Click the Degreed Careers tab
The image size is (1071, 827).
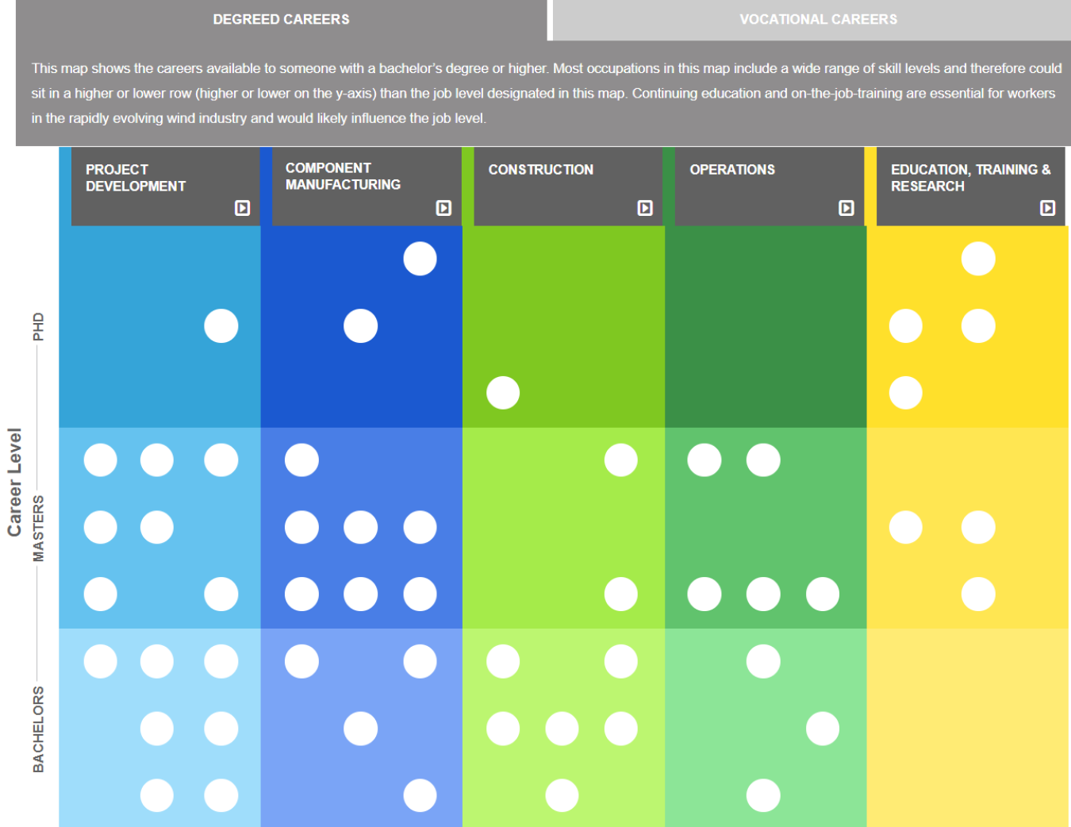pos(281,19)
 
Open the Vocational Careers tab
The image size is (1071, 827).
pos(818,19)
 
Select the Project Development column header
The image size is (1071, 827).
pos(136,178)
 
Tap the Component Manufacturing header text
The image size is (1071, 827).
pos(343,176)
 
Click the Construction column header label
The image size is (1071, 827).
pos(540,170)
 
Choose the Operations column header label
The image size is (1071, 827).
pos(732,170)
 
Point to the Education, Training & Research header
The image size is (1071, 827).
pos(969,178)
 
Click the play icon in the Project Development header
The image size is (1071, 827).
pos(243,208)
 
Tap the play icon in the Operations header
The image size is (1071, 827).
pos(846,208)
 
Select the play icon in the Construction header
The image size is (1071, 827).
pos(645,208)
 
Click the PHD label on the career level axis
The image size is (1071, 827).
pos(38,326)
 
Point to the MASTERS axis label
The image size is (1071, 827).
pos(38,528)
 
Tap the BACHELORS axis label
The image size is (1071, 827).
pos(38,729)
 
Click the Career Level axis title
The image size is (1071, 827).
pos(14,482)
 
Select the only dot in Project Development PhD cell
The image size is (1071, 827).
pos(221,326)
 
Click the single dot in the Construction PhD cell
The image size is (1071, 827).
pos(503,393)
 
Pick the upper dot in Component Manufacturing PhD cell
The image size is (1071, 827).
pos(420,259)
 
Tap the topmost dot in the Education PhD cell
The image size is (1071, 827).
pos(978,259)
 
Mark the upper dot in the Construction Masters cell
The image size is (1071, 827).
pos(620,460)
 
